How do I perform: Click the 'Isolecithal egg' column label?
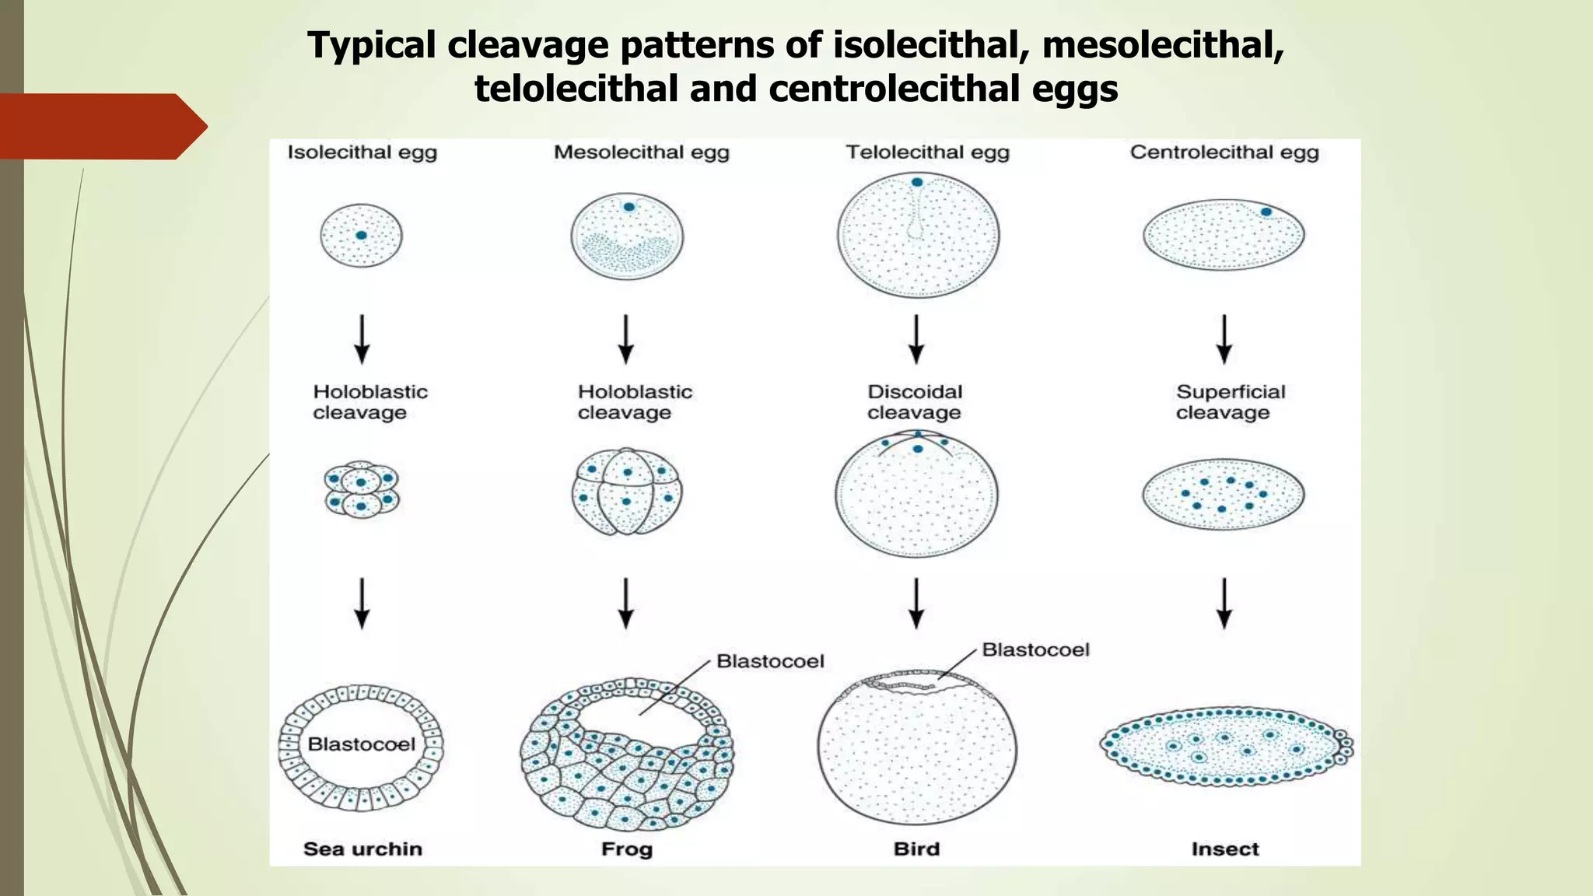[x=362, y=152]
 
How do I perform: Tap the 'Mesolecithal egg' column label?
[x=641, y=152]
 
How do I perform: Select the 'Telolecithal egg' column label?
[x=927, y=152]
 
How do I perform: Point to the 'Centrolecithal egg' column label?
[x=1224, y=152]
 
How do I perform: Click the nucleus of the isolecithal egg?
[x=361, y=235]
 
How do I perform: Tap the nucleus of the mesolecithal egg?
[x=628, y=207]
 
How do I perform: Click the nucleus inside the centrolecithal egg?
[x=1266, y=212]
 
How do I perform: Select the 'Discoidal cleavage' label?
[x=915, y=402]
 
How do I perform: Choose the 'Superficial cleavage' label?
[x=1230, y=402]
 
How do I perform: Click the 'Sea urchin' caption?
[x=362, y=849]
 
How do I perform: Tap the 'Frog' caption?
[x=626, y=849]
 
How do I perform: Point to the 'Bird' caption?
[x=916, y=849]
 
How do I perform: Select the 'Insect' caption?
[x=1224, y=849]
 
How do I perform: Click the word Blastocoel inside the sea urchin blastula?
[x=362, y=744]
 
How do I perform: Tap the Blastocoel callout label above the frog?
[x=770, y=661]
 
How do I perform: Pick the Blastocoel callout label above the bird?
[x=1035, y=649]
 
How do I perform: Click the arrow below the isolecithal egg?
[x=362, y=339]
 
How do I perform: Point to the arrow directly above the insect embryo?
[x=1224, y=603]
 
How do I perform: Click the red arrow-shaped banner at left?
[x=101, y=127]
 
